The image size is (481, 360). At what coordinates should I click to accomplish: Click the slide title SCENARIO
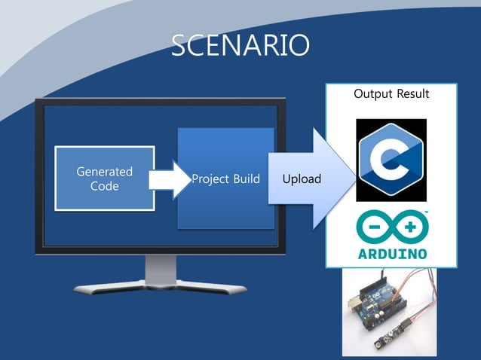(240, 47)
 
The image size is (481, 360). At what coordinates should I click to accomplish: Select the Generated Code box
(105, 178)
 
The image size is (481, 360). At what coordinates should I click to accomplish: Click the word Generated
(105, 172)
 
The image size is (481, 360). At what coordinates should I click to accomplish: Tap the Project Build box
(225, 178)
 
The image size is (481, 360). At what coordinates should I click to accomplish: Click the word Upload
(301, 179)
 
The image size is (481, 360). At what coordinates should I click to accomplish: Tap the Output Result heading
(391, 94)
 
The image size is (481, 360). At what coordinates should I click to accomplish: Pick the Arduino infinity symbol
(391, 225)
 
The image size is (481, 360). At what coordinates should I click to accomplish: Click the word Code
(105, 186)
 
